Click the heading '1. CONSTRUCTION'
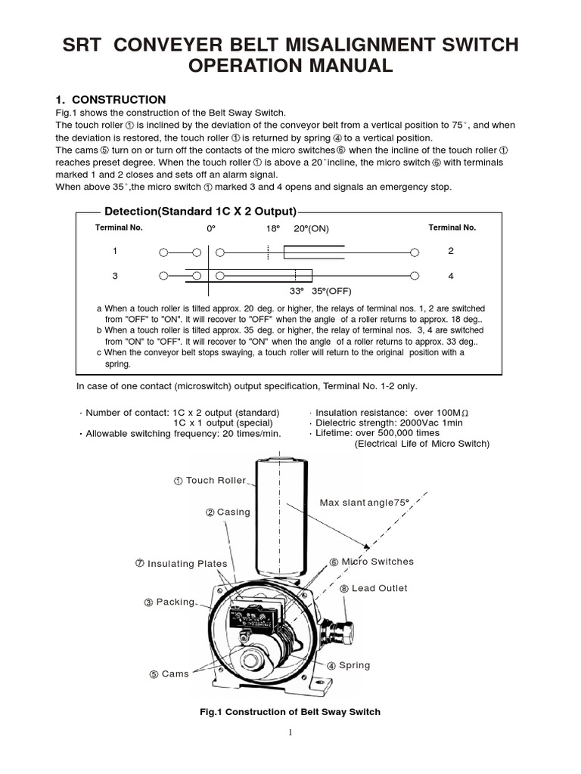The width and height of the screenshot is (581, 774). click(x=110, y=100)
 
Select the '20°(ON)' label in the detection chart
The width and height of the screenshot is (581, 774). click(x=312, y=228)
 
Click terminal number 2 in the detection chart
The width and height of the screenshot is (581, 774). click(x=451, y=250)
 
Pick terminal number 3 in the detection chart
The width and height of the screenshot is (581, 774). click(x=115, y=276)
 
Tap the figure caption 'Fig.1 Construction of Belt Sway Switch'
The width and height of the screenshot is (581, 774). click(x=290, y=712)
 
